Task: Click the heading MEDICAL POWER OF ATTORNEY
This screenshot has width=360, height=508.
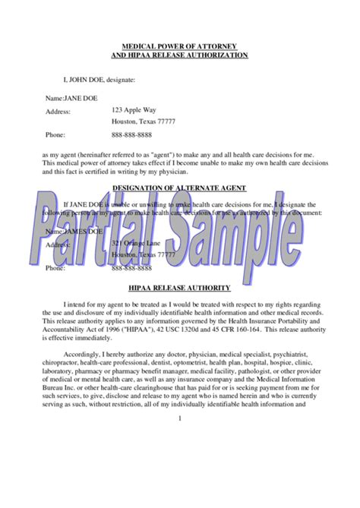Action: [179, 46]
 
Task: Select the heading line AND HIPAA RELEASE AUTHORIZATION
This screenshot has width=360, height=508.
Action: [179, 55]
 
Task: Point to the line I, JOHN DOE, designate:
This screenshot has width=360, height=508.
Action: [99, 79]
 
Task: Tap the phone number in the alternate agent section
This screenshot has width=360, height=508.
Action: [137, 268]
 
